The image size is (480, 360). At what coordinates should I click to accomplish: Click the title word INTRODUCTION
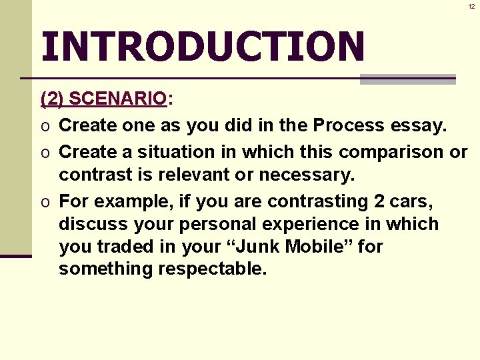[x=203, y=47]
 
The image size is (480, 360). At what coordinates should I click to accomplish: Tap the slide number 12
[x=471, y=6]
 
